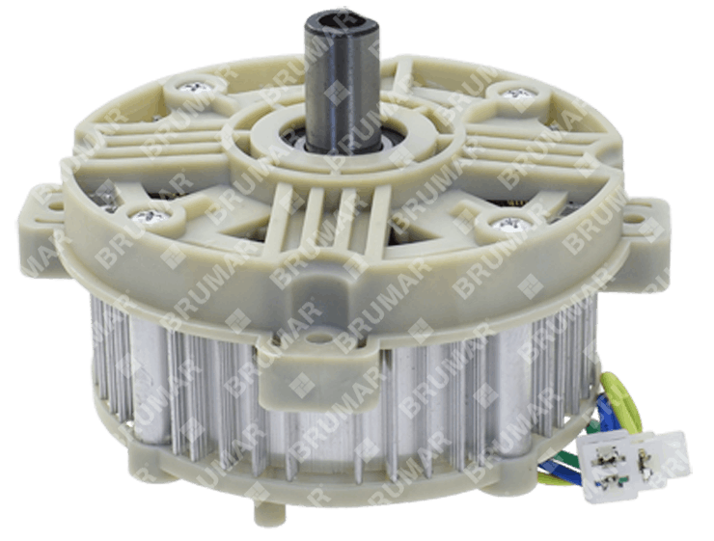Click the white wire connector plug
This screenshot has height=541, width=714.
point(633,463)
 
